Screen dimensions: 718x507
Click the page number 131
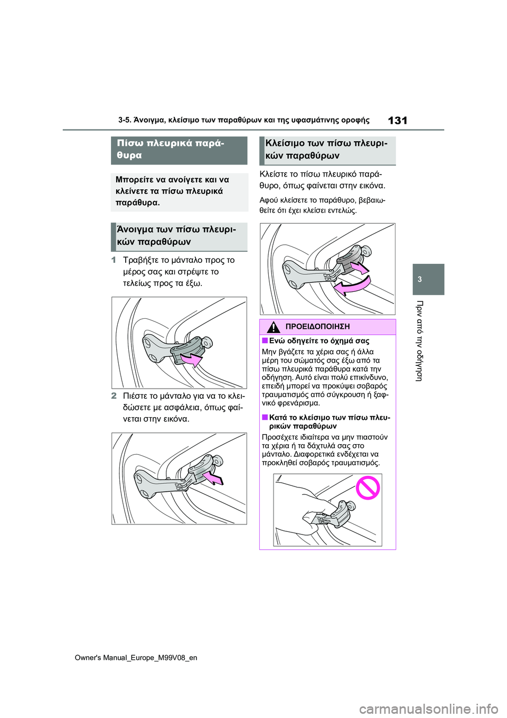397,121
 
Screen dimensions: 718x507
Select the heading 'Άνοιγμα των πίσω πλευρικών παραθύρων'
176,236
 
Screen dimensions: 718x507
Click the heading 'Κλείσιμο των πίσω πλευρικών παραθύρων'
326,150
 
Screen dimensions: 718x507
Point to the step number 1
114,260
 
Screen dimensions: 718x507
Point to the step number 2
114,395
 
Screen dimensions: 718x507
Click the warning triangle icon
273,327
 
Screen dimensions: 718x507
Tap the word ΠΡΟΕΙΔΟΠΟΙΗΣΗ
317,327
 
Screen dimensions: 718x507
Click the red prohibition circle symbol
368,487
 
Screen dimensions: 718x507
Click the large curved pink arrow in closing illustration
351,286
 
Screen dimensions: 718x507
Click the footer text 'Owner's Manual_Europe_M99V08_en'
136,658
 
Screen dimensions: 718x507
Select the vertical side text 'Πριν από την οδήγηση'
420,340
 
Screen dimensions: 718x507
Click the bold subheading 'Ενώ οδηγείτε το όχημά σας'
319,341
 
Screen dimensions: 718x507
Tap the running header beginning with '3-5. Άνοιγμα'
243,121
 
